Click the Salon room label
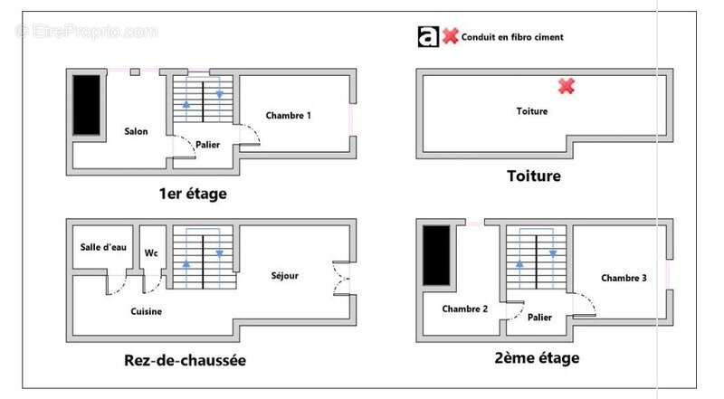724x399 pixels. pos(136,131)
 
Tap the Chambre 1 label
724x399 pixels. pos(288,116)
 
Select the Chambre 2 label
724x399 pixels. pos(465,309)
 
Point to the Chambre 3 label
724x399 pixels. pos(624,278)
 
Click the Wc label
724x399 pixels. pos(151,253)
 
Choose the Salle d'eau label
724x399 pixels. pos(102,247)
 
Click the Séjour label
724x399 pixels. pos(284,276)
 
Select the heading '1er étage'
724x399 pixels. pos(192,194)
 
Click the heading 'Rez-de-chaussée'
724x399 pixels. pos(185,360)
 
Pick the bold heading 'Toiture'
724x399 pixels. pos(534,176)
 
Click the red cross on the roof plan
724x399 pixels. pos(567,86)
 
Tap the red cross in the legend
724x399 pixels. pos(450,36)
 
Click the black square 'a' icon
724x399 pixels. pos(428,36)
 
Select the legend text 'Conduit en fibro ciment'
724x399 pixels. pos(512,37)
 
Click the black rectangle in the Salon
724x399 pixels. pos(87,105)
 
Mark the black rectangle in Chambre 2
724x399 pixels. pos(436,257)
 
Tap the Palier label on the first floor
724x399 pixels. pos(207,145)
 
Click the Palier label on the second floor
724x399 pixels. pos(539,318)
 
